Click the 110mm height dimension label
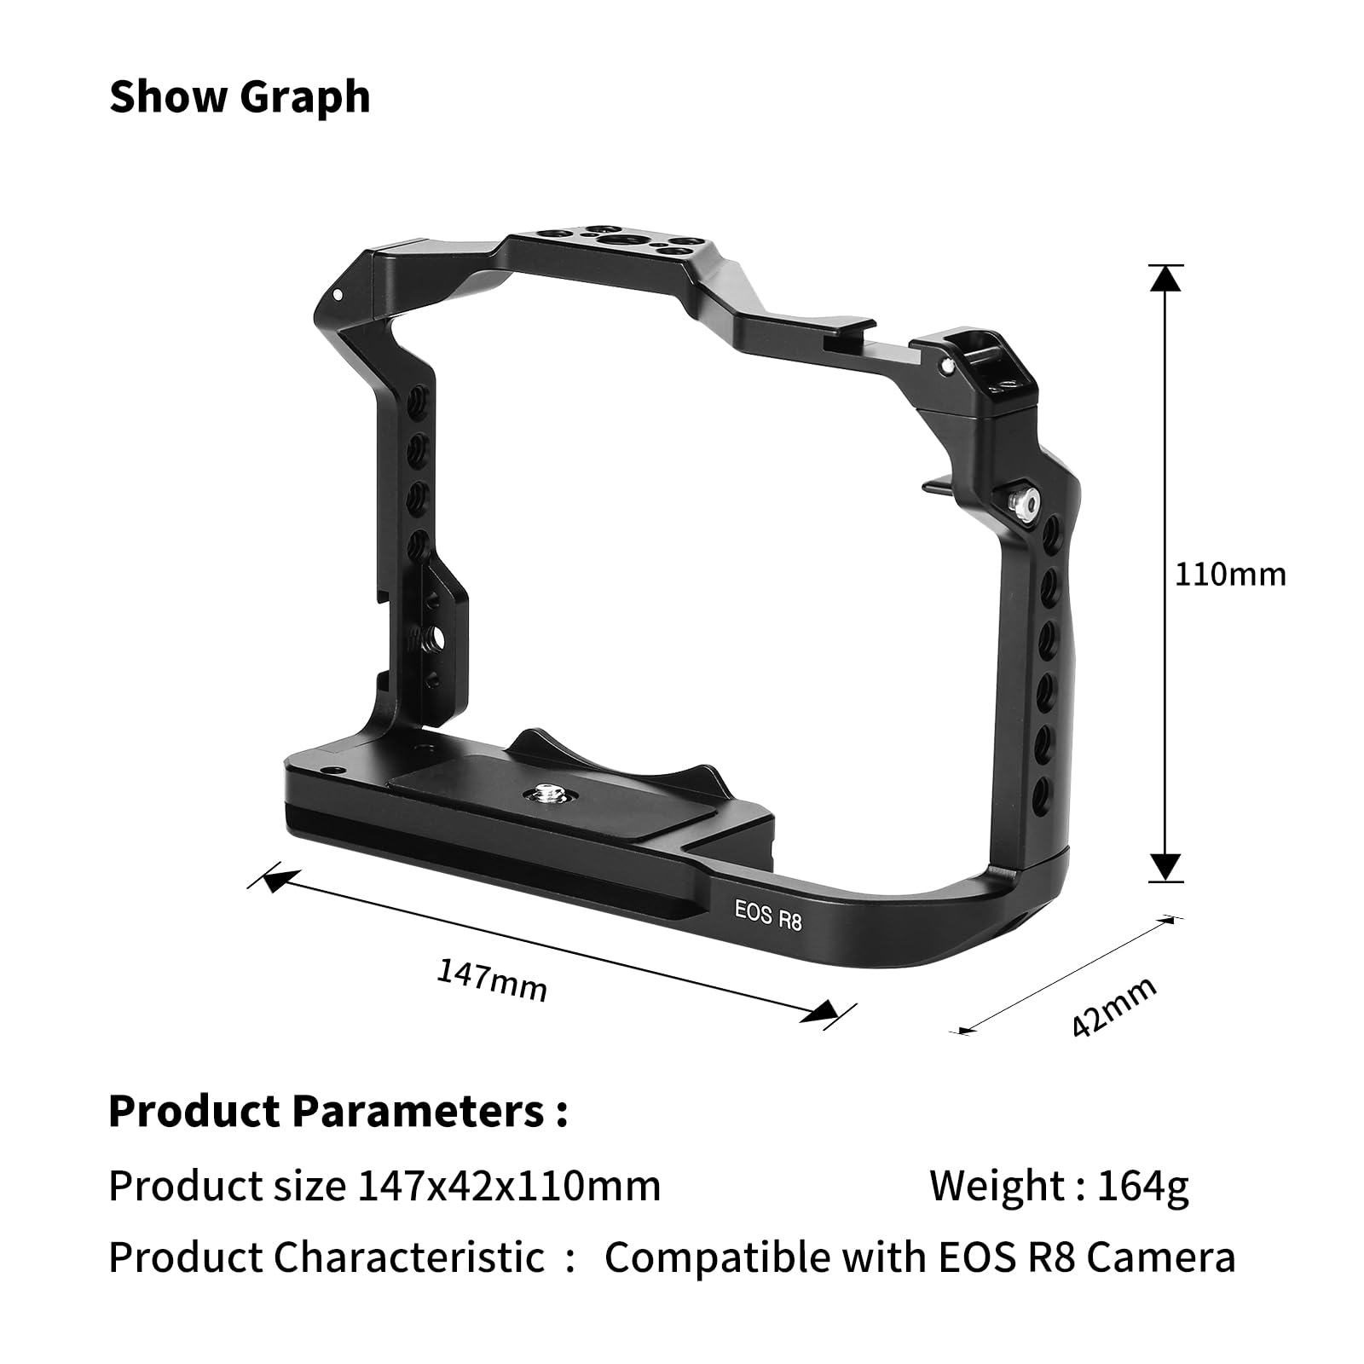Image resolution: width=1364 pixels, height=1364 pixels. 1229,575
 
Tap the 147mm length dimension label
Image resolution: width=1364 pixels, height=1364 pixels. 492,980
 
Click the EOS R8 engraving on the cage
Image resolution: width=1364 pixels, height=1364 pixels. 768,915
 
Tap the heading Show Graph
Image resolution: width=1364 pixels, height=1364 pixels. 240,96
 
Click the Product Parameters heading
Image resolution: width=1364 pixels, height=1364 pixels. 338,1111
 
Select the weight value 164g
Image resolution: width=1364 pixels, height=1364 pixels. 1142,1185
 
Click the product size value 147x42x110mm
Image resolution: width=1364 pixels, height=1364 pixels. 509,1185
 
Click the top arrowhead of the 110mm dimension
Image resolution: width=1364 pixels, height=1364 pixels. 1165,278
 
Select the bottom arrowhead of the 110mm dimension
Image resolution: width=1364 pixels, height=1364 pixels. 1165,867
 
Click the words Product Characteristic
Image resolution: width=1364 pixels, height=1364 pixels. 327,1257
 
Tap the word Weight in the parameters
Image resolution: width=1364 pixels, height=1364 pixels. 994,1185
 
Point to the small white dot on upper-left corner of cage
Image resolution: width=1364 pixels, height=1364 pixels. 338,295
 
